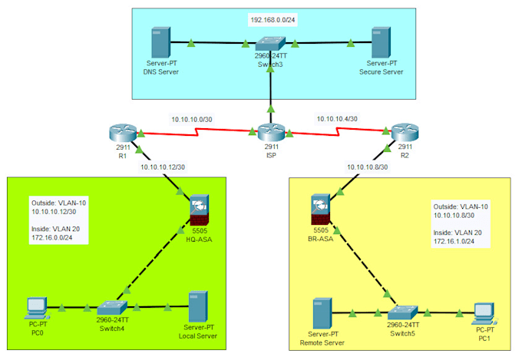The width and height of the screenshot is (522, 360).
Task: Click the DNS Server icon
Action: pyautogui.click(x=160, y=43)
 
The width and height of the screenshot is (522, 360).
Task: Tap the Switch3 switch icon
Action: pyautogui.click(x=271, y=44)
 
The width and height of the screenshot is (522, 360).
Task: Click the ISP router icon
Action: pyautogui.click(x=271, y=133)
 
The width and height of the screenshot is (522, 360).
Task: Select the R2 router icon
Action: pyautogui.click(x=405, y=133)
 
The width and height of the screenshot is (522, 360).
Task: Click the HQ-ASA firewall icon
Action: pyautogui.click(x=200, y=206)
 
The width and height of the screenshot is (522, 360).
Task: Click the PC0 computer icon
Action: pyautogui.click(x=35, y=307)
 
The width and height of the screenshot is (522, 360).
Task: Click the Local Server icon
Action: pyautogui.click(x=198, y=307)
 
